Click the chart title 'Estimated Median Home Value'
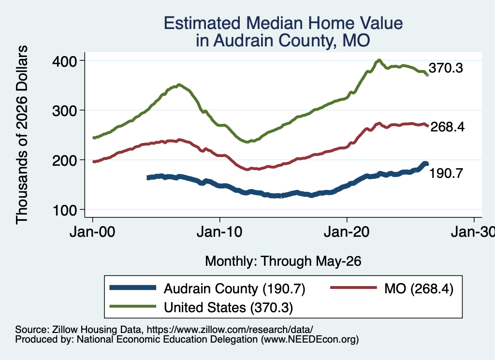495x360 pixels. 283,23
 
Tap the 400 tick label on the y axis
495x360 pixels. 65,61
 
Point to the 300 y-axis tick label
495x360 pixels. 65,111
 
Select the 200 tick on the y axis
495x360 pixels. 65,160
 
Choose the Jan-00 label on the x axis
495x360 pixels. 92,232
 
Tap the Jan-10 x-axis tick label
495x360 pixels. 219,232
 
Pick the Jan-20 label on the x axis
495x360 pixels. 347,232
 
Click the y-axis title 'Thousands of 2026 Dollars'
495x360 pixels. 22,135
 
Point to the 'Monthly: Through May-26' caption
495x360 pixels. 283,261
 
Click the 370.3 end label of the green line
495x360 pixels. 446,68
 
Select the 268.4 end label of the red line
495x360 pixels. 447,127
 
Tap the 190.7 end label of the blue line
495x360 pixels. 446,173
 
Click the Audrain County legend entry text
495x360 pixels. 234,288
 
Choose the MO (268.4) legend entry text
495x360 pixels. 419,288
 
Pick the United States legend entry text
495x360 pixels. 228,307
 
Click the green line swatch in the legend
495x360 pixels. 132,306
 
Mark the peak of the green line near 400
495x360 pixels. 379,60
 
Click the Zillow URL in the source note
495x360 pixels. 230,330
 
